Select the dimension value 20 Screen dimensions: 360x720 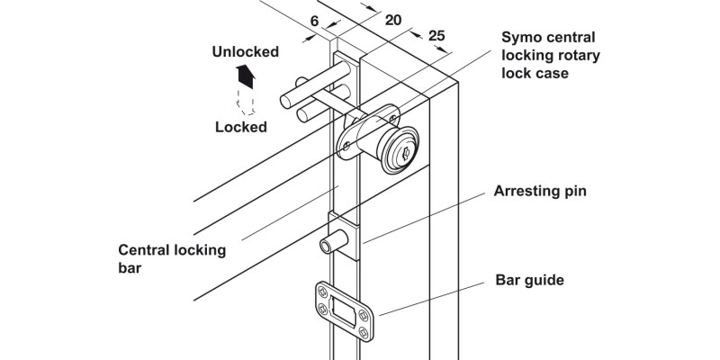click(392, 20)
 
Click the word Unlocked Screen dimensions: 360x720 click(246, 51)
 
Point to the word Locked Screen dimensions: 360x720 click(240, 127)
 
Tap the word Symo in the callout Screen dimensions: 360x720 click(524, 38)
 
